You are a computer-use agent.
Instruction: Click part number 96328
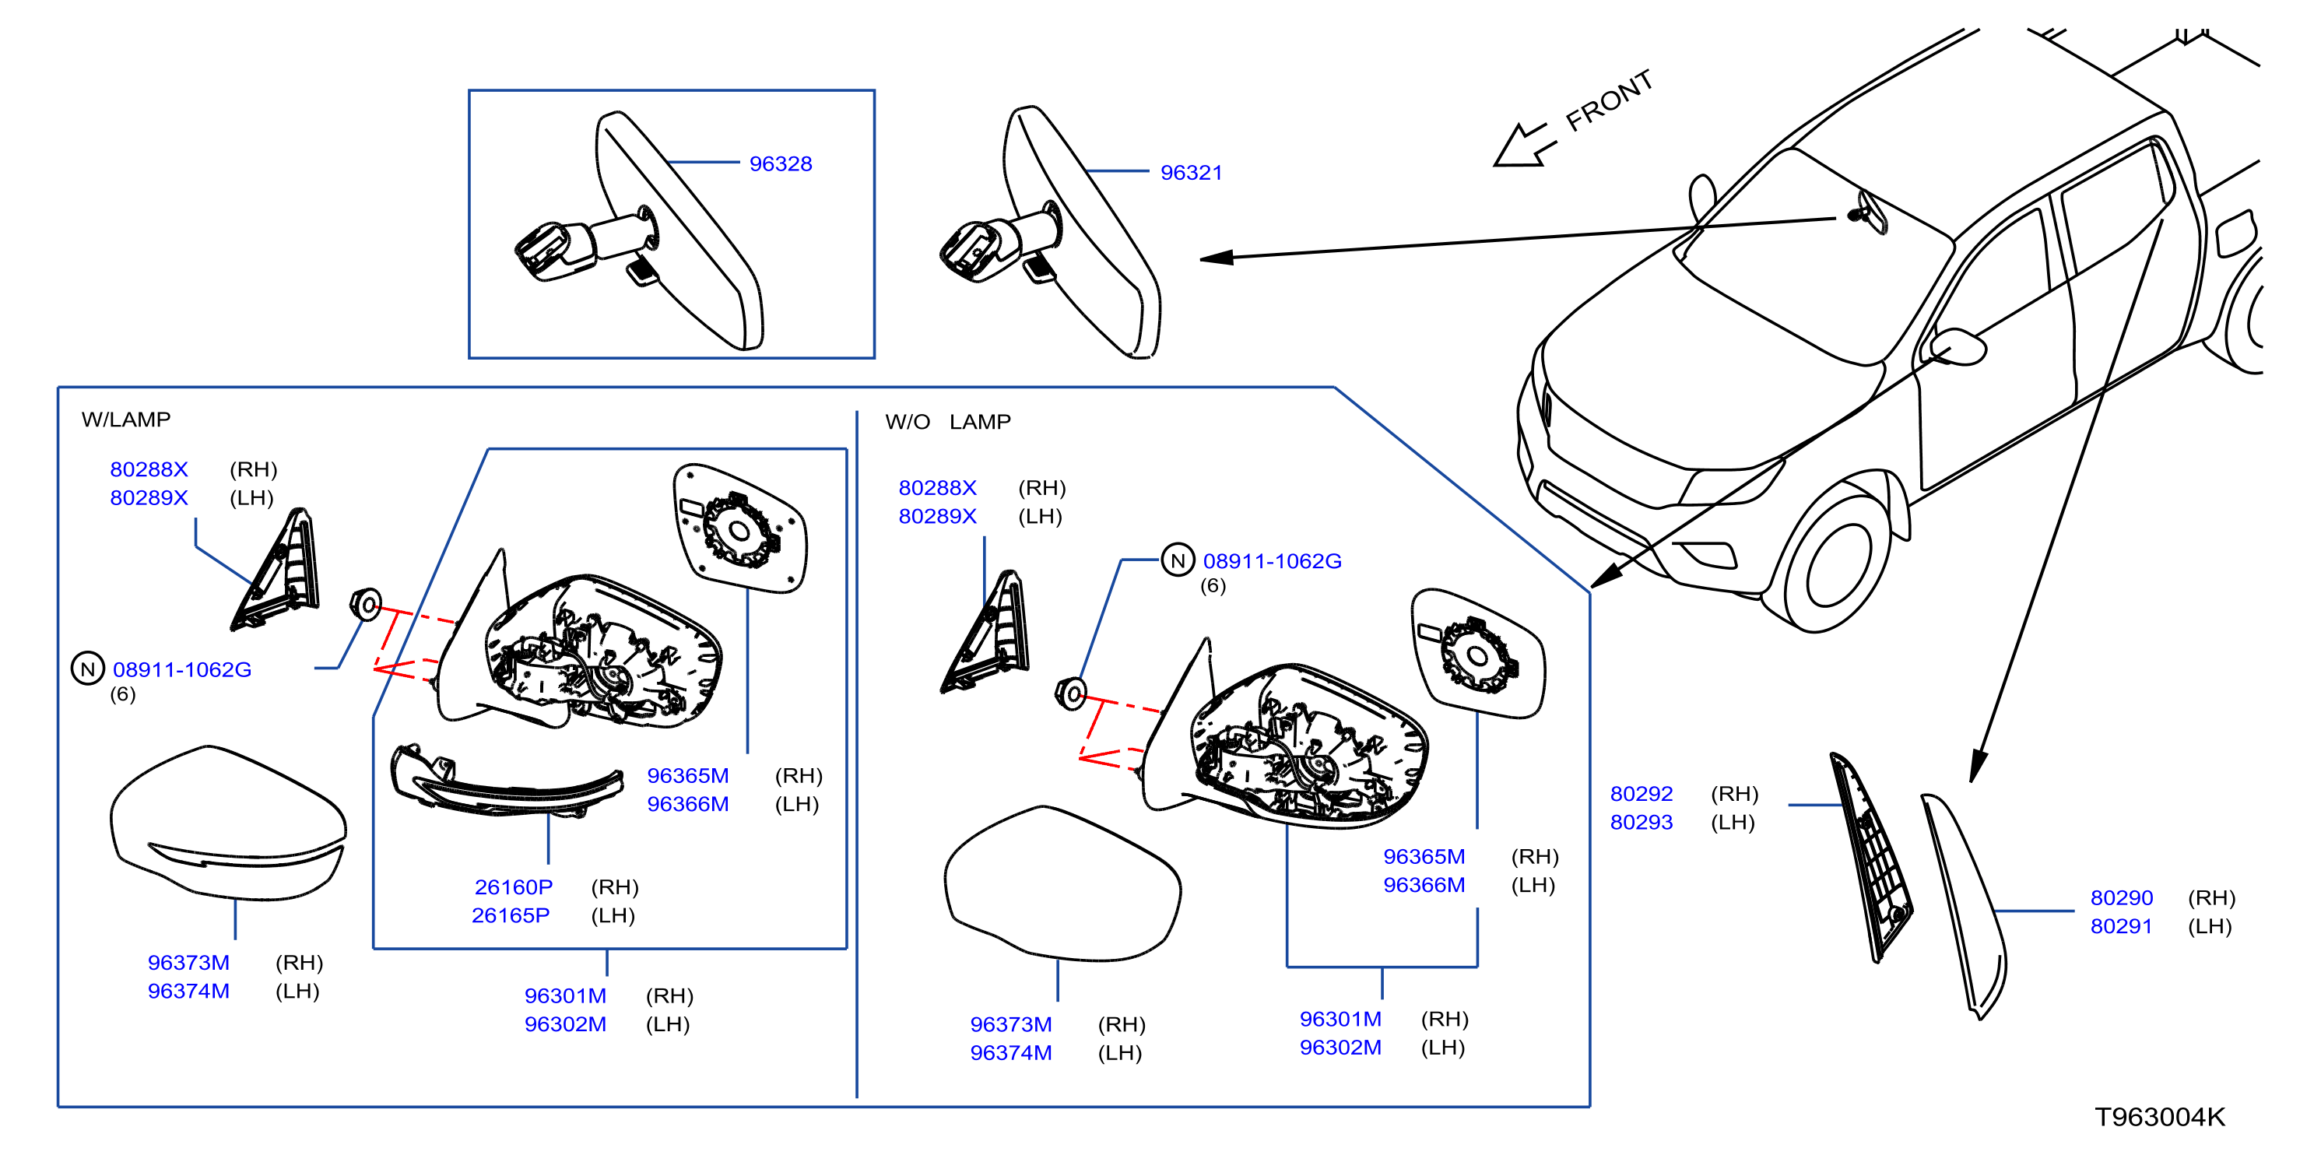pos(780,164)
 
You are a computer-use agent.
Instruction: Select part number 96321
pos(1191,173)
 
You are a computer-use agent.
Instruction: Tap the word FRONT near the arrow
pos(1609,100)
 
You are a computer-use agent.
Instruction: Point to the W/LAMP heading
pos(126,420)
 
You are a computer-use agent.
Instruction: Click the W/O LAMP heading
pos(948,423)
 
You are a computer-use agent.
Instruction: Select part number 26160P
pos(514,887)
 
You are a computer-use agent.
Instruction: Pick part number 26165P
pos(511,916)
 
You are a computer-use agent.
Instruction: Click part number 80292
pos(1642,795)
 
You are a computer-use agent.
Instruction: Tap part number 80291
pos(2122,927)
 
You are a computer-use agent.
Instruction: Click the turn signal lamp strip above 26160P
pos(505,781)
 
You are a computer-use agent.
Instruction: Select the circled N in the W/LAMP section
pos(87,669)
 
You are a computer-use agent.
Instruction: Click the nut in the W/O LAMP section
pos(1071,693)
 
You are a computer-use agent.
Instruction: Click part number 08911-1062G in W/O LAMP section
pos(1273,562)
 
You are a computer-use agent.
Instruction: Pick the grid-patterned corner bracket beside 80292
pos(1870,856)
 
